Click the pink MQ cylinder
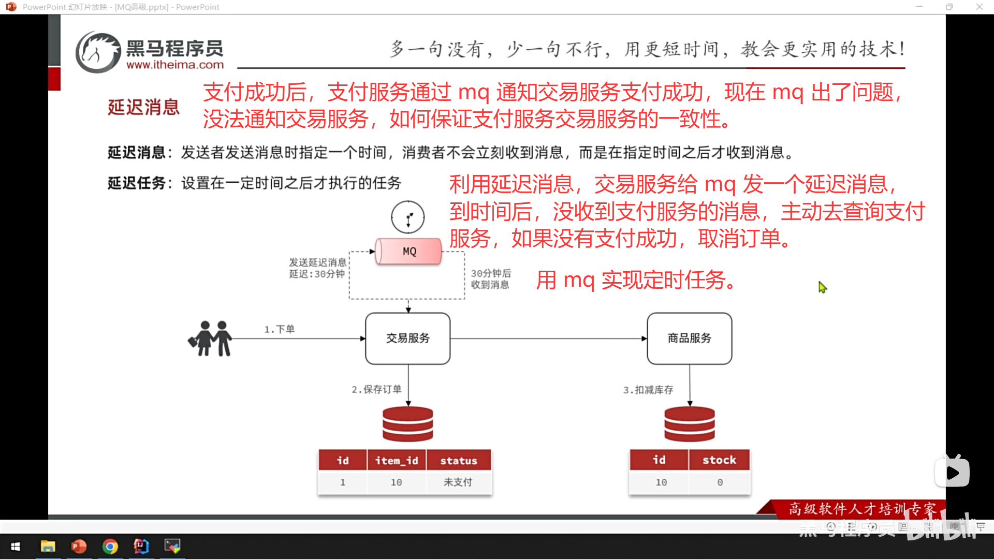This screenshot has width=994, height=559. pos(408,252)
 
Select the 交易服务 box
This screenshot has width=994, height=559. pos(408,339)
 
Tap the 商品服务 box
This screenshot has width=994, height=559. pos(689,339)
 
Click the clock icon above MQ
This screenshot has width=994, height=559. pos(408,217)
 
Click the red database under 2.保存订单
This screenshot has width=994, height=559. pos(408,424)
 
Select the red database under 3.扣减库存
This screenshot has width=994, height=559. pos(689,424)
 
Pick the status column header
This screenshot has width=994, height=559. pos(459,461)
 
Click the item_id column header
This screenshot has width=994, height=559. pos(397,461)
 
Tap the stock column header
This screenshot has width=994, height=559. pos(719,460)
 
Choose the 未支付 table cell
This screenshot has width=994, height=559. pos(458,482)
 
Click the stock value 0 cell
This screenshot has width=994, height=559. pos(720,482)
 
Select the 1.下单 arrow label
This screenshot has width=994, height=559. pos(280,329)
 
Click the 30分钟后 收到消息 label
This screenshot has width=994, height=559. pos(491,279)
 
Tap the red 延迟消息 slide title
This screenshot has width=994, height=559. pos(143,108)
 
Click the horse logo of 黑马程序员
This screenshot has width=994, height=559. pos(98,52)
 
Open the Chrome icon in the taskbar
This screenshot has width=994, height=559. pos(110,547)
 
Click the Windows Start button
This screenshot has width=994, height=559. pos(16,547)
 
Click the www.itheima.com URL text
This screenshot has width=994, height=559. pos(175,65)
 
